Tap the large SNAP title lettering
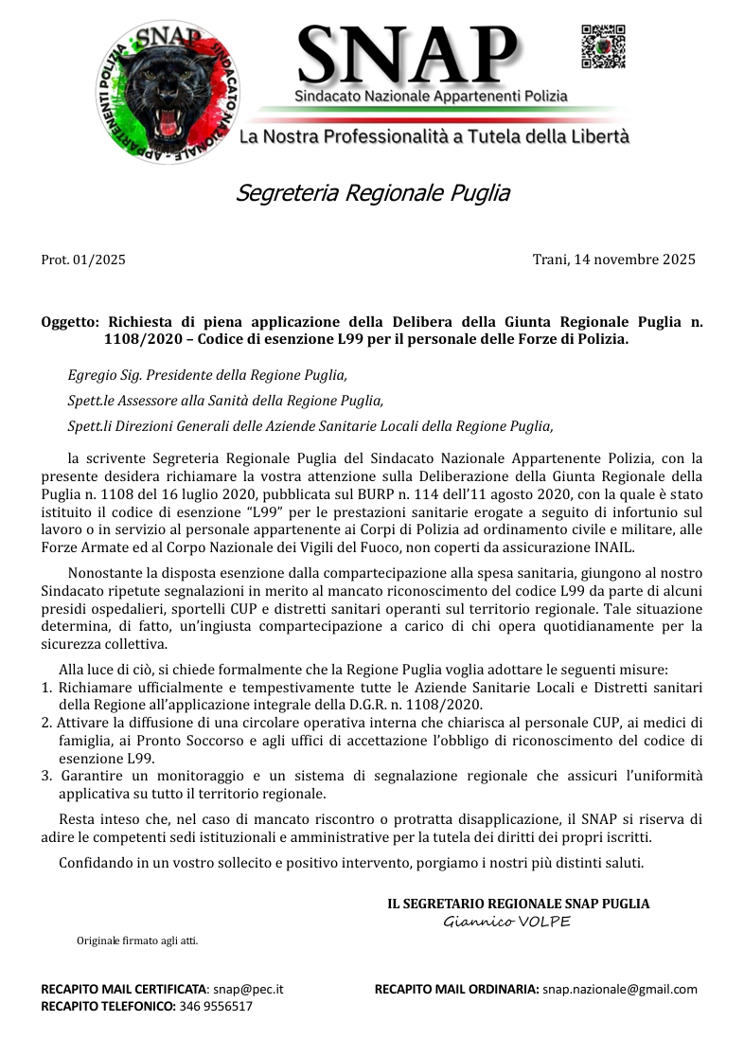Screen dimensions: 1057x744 click(x=408, y=55)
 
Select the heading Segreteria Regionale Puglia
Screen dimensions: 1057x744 click(x=372, y=193)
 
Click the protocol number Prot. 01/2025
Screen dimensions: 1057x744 click(x=83, y=260)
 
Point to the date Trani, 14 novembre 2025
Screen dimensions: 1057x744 click(x=614, y=260)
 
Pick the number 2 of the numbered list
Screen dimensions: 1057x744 click(x=46, y=723)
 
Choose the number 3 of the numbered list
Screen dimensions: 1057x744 click(x=46, y=776)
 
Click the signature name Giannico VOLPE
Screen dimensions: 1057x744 click(x=507, y=923)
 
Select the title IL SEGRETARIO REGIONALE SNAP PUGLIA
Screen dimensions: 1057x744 click(x=519, y=904)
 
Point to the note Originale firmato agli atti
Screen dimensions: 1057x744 click(x=137, y=941)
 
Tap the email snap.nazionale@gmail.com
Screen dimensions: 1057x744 click(x=620, y=990)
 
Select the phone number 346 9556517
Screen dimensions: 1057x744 click(x=216, y=1007)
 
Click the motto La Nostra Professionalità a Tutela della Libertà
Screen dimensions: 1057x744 click(x=434, y=137)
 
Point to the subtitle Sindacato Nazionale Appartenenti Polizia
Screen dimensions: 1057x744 click(x=431, y=96)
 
